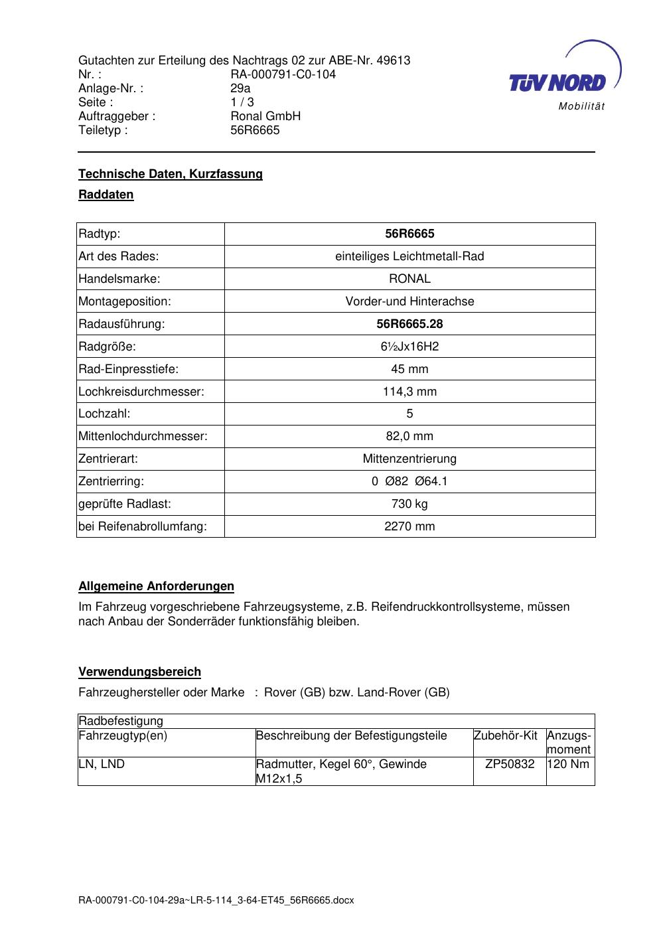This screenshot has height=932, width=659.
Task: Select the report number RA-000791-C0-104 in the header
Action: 283,74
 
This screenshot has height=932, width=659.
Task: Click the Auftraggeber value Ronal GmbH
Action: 265,116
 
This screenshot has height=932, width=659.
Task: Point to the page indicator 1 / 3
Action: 242,102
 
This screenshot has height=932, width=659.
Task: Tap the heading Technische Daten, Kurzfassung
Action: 171,174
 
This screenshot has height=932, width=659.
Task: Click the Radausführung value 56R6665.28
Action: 409,324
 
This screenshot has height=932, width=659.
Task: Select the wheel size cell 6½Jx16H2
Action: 409,347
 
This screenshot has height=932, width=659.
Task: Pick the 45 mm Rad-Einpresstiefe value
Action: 409,369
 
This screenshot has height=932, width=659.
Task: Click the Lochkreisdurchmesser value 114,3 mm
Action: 409,392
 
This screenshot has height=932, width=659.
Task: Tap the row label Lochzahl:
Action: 104,414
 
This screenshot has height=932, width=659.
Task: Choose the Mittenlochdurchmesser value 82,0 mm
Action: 409,436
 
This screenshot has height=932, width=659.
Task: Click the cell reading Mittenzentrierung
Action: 409,459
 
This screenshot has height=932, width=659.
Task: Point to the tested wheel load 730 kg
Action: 409,504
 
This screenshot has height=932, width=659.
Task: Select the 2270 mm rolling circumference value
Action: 409,526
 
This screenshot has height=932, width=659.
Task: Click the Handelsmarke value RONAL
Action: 409,279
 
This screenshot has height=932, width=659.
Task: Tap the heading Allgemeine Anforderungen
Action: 157,586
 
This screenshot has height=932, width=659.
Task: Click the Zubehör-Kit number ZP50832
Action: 510,764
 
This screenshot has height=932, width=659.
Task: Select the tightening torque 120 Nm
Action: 568,764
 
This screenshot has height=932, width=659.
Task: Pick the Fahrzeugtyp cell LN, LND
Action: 102,764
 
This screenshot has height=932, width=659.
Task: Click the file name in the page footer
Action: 216,901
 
